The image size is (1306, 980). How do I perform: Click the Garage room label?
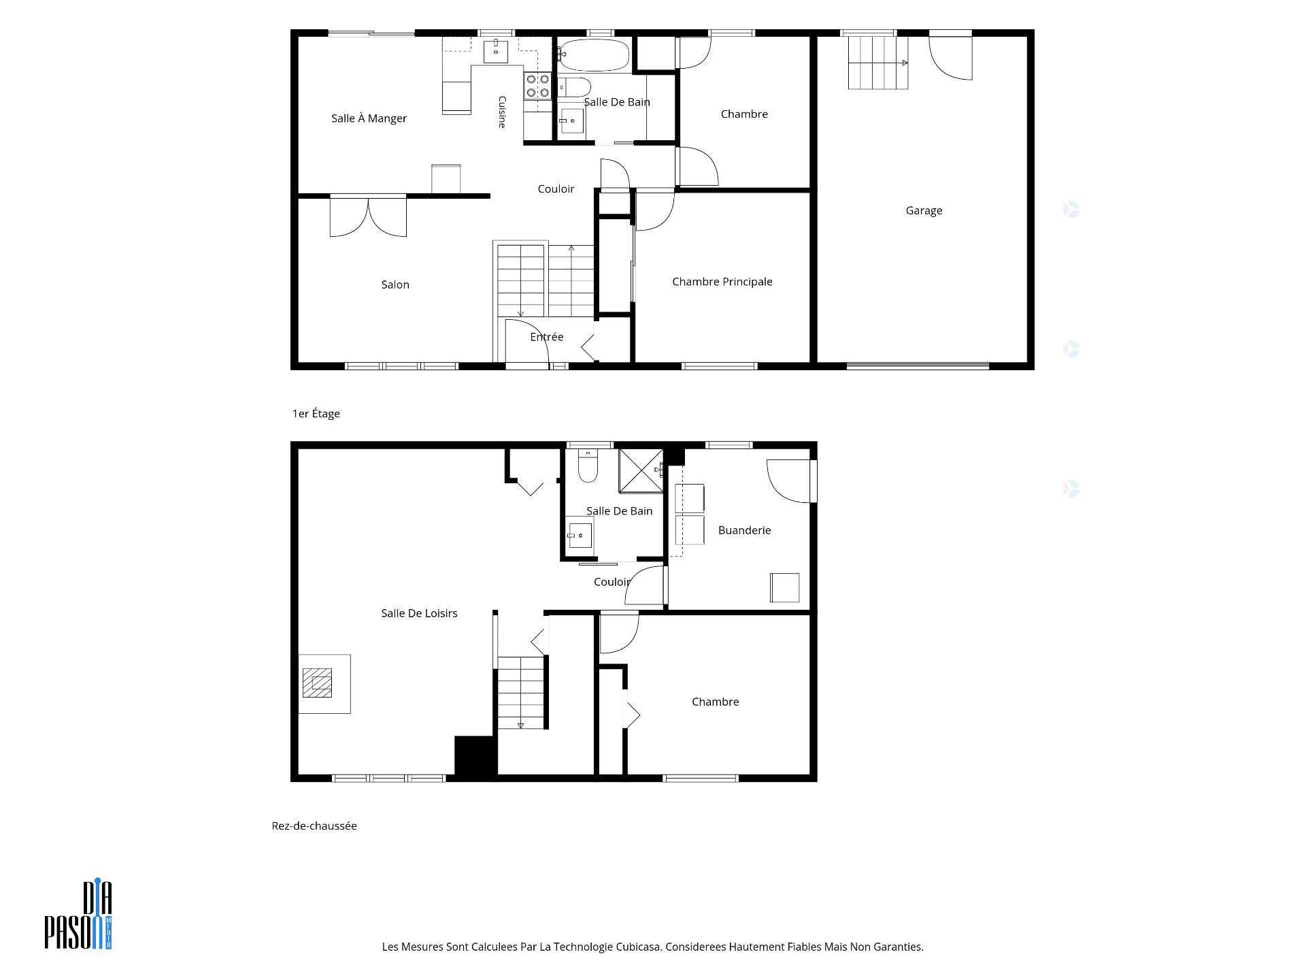(924, 211)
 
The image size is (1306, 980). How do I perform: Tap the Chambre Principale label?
(722, 282)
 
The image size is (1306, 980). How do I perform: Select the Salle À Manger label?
(369, 118)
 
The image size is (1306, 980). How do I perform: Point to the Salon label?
(395, 284)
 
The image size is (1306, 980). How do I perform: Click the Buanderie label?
(745, 530)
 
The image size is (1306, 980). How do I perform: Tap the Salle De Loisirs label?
(419, 613)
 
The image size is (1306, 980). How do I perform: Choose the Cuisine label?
(502, 112)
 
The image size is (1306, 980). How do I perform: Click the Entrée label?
(547, 337)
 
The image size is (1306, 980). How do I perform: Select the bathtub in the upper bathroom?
(594, 55)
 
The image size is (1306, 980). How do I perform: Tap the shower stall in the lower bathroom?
(640, 470)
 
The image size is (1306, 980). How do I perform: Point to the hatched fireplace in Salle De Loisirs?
(318, 683)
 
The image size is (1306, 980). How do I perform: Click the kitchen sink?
(496, 52)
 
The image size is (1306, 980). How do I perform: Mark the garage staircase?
(877, 63)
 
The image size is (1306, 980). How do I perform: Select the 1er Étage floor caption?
(316, 414)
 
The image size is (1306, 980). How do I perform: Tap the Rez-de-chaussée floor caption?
(314, 826)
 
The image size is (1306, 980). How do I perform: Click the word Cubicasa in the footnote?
(638, 947)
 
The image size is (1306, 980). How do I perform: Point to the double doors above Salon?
(368, 216)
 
